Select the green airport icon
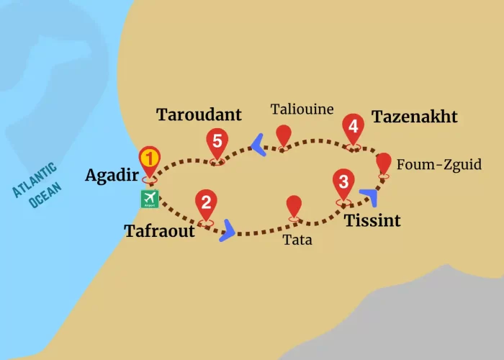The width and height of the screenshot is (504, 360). (x=150, y=198)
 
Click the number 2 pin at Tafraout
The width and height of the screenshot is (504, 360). (x=206, y=204)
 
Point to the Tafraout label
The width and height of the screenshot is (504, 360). (x=160, y=231)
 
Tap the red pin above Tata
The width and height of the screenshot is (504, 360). (x=294, y=206)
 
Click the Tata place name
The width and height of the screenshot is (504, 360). (x=297, y=240)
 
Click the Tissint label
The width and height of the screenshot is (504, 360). (x=372, y=220)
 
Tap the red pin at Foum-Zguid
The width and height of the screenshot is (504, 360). (x=384, y=163)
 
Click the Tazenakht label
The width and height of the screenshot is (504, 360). (x=414, y=117)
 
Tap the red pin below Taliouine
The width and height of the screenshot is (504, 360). (x=284, y=135)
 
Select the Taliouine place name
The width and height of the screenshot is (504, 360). (x=302, y=109)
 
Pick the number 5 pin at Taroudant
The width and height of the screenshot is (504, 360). (x=216, y=143)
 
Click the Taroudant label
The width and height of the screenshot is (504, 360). (x=199, y=114)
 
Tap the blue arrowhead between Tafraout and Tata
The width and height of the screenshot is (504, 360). (x=228, y=230)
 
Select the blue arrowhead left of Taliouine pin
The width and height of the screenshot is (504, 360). (x=257, y=147)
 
